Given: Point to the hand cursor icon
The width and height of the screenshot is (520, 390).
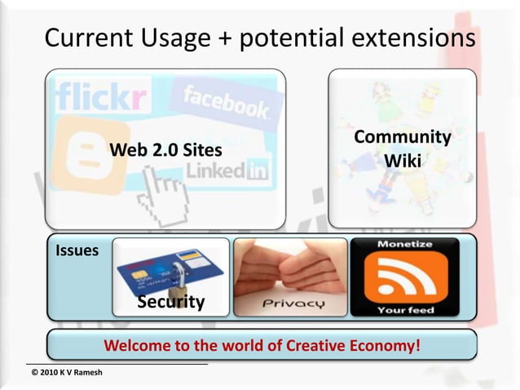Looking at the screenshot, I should pos(162,193).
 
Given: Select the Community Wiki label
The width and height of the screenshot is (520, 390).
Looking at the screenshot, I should pos(403,148).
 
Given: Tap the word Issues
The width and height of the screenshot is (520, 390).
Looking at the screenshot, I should pos(77,250).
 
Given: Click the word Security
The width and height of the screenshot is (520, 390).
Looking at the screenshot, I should pos(170,302).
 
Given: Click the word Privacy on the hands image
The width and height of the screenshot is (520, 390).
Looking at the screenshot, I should pos(293,304).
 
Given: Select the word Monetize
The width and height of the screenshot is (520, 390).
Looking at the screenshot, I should pos(405,245).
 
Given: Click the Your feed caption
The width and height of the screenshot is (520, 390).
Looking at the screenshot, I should pos(405,310).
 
